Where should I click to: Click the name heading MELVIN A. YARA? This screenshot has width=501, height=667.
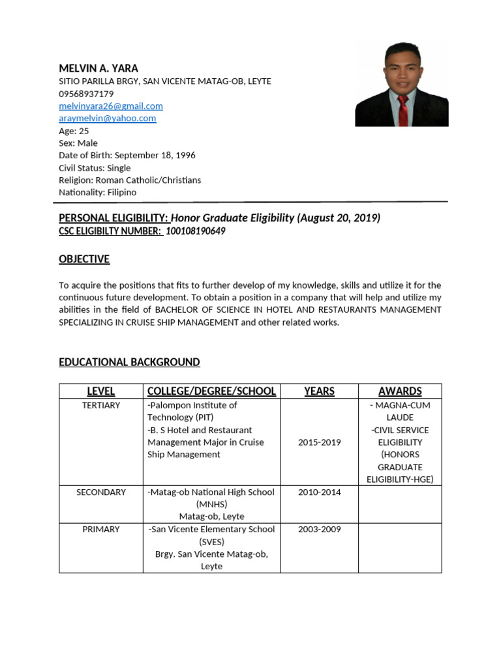point(99,68)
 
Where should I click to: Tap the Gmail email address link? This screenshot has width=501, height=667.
point(111,106)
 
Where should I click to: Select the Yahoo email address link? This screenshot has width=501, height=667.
point(108,119)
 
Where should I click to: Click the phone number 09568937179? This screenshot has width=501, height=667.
point(86,94)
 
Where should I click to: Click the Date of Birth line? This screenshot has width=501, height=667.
point(127,156)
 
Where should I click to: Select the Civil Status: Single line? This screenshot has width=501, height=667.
point(95,168)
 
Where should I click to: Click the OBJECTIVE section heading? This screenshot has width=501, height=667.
point(84,259)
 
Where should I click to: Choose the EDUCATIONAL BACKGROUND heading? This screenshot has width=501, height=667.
point(129,362)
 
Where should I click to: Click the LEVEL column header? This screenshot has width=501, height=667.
point(101,391)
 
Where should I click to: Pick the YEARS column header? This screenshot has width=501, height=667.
point(320,391)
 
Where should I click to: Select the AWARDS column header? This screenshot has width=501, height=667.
point(400,391)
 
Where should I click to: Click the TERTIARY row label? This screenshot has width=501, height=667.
point(101,405)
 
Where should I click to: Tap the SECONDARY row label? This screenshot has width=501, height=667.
point(101,492)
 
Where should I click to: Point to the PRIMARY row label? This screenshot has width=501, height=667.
point(101,530)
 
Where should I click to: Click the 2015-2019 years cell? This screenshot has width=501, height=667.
point(320,442)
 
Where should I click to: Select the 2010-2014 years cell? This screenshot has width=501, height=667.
point(320,492)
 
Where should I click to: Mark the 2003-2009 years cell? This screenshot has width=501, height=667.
point(320,530)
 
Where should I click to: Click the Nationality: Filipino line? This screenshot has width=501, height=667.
point(98,193)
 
